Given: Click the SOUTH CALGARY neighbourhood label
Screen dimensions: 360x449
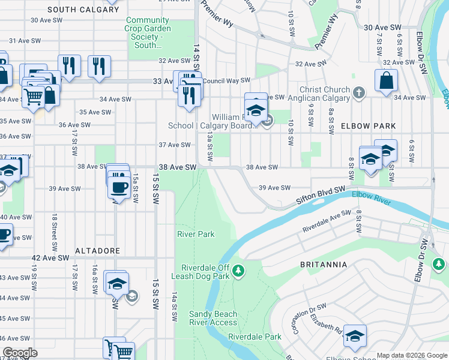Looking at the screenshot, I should (83, 10).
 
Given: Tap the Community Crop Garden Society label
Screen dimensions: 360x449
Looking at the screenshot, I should (148, 32).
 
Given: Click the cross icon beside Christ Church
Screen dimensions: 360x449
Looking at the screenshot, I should (359, 92).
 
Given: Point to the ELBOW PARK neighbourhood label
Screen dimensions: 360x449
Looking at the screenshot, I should (369, 126).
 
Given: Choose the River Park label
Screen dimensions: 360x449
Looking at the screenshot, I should (195, 233).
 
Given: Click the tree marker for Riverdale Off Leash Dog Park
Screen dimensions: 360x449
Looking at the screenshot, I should (239, 272).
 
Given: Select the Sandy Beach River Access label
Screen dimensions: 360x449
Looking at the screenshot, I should (213, 318).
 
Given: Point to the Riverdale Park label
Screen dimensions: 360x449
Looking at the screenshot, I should (255, 337).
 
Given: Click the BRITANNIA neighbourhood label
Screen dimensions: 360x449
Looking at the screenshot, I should (324, 264).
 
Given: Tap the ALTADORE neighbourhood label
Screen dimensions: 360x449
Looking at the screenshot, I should (97, 250).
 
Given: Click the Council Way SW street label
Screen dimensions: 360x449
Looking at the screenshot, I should (226, 80).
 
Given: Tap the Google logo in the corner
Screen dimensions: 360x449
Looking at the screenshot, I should (20, 353).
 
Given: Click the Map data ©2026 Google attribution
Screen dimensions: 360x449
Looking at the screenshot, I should (411, 355).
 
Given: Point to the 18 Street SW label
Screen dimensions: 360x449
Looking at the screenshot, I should (54, 232).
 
